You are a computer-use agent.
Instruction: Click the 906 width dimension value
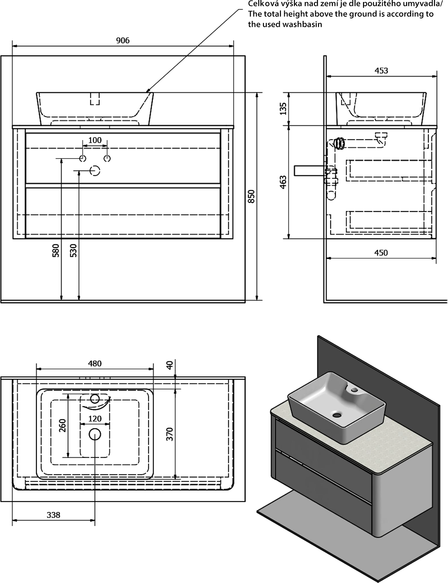pos(123,40)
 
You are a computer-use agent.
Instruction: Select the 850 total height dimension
pos(251,197)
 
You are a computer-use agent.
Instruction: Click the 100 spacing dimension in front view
pos(95,140)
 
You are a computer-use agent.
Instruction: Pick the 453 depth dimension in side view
pos(381,70)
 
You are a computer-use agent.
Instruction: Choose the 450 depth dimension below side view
pos(381,252)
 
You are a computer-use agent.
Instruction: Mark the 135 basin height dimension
pos(283,109)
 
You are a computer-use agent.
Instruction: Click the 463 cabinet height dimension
pos(283,182)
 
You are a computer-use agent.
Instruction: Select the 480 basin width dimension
pos(95,363)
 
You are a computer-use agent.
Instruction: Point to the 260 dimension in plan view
pos(62,426)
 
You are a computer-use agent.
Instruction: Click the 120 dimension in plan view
pos(95,418)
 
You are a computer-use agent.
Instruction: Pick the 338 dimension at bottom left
pos(54,515)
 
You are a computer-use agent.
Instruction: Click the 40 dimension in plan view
pos(170,365)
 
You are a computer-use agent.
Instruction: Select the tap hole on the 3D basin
pos(355,390)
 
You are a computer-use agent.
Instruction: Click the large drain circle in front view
pos(95,170)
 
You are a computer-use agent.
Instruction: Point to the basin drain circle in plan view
pos(95,434)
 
